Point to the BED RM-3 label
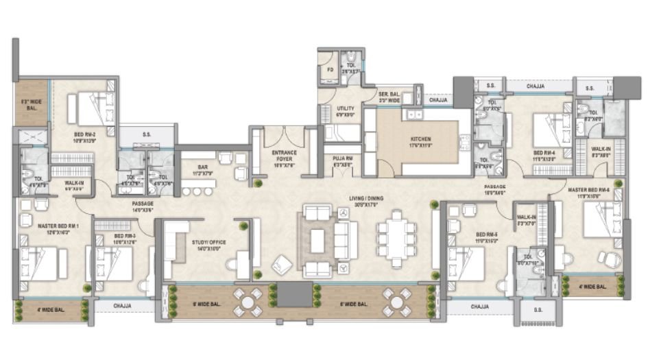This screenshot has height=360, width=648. click(x=114, y=239)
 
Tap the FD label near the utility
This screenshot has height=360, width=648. click(x=329, y=69)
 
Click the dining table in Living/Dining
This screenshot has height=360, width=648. click(x=396, y=237)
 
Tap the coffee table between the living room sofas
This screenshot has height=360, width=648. click(x=317, y=240)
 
